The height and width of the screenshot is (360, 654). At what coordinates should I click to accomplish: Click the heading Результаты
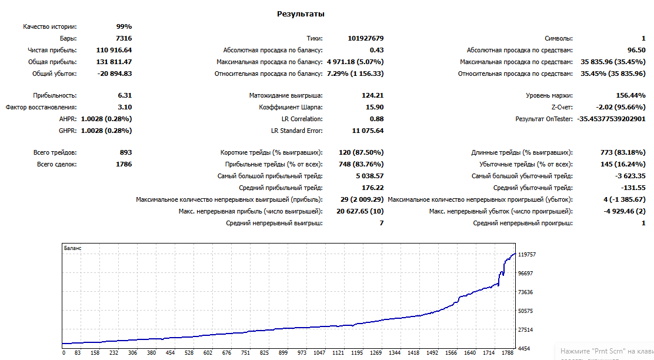pyautogui.click(x=301, y=14)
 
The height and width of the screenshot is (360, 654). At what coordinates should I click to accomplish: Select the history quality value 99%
pyautogui.click(x=124, y=26)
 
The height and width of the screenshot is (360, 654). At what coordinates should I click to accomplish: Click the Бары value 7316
pyautogui.click(x=124, y=38)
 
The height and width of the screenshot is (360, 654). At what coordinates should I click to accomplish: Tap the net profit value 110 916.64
pyautogui.click(x=114, y=50)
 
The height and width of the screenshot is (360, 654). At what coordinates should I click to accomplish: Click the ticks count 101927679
pyautogui.click(x=366, y=38)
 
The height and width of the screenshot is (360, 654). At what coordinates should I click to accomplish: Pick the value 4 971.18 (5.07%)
pyautogui.click(x=355, y=62)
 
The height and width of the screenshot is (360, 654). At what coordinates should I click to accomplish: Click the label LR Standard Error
pyautogui.click(x=297, y=131)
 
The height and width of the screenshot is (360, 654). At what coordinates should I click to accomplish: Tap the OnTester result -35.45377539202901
pyautogui.click(x=612, y=119)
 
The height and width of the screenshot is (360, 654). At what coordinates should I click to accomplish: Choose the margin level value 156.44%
pyautogui.click(x=630, y=95)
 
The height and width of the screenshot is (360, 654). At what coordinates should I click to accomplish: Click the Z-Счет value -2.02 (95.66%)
pyautogui.click(x=621, y=107)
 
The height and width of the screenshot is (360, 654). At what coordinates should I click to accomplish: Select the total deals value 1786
pyautogui.click(x=124, y=164)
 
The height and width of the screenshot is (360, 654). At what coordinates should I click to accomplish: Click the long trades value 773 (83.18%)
pyautogui.click(x=623, y=153)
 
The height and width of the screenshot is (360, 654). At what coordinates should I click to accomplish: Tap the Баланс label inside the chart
pyautogui.click(x=72, y=248)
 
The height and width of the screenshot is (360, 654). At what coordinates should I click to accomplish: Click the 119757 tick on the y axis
pyautogui.click(x=527, y=255)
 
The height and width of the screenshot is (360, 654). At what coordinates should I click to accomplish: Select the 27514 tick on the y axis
pyautogui.click(x=526, y=329)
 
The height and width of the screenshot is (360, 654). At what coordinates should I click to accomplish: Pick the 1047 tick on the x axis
pyautogui.click(x=319, y=353)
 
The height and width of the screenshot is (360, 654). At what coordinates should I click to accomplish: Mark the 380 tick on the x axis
pyautogui.click(x=151, y=353)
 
